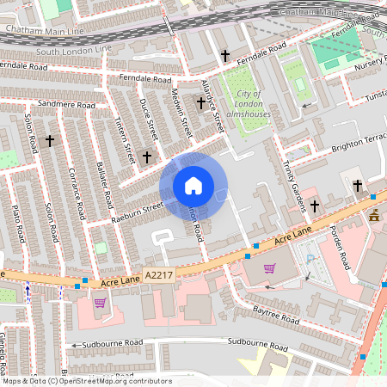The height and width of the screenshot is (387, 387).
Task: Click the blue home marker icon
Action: (x=193, y=186)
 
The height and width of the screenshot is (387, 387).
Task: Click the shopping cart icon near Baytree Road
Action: (x=270, y=268)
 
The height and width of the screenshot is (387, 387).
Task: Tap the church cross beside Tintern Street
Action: (x=147, y=157)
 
